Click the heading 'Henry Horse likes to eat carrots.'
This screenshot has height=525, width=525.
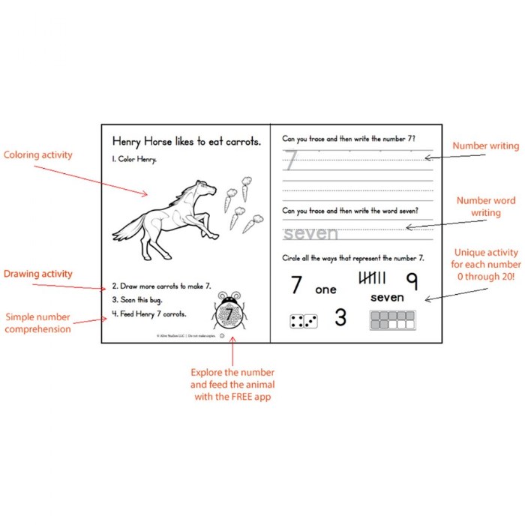[186, 140]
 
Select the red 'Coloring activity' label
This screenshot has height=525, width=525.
[38, 155]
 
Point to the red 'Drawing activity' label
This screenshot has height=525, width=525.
[38, 274]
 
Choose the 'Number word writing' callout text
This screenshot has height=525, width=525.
[485, 207]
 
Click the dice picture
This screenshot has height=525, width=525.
[304, 322]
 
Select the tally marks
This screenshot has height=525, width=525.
[373, 279]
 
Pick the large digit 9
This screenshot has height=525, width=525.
[412, 280]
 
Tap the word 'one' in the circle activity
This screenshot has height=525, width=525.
[325, 289]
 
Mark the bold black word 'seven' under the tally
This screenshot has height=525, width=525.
[387, 298]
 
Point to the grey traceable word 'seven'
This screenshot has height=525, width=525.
[310, 234]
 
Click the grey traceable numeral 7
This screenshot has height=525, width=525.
[291, 160]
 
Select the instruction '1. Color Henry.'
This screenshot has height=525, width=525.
[134, 160]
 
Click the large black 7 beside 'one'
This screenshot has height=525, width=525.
[297, 285]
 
